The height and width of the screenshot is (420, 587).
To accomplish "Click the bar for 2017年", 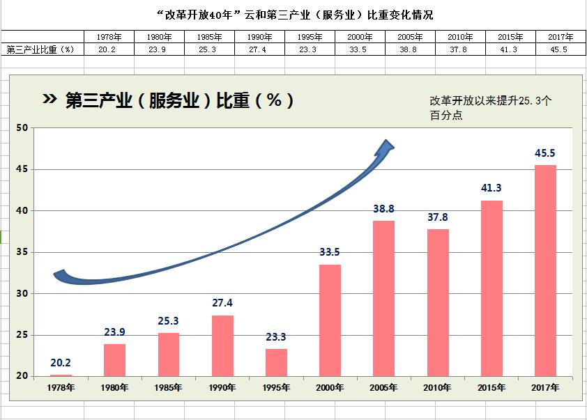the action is coord(545,270).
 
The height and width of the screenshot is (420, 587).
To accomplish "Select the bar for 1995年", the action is coord(276,362).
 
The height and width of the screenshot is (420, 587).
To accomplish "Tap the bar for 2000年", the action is coord(330,320).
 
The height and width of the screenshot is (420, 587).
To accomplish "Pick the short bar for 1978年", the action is coord(61,375).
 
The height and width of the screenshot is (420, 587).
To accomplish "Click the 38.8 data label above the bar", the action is coord(383,209).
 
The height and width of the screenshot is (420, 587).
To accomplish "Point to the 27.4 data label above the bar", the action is coord(222,302).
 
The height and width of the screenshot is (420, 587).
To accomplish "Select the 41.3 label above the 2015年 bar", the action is coord(491,188).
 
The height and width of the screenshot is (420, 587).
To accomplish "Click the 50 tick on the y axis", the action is coord(22,128).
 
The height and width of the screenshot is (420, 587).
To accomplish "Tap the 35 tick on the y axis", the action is coord(22,252).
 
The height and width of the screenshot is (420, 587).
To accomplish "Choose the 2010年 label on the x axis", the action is coord(437,387).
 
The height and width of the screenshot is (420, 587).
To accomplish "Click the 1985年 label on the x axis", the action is coord(168,387).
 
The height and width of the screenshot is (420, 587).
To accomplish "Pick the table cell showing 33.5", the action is coord(358,49).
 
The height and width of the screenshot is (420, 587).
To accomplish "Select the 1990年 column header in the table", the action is coord(259,37).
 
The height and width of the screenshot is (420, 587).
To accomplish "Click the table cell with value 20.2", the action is coord(107,49).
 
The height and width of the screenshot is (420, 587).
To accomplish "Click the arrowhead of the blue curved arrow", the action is coord(386,146).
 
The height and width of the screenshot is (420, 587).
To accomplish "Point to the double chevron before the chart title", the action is coord(49,99).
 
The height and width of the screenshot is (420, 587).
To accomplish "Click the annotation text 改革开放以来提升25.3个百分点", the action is coord(490,108).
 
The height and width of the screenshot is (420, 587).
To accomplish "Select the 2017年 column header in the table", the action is coord(561,37).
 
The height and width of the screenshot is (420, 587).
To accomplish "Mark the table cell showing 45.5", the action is coord(559,49).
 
